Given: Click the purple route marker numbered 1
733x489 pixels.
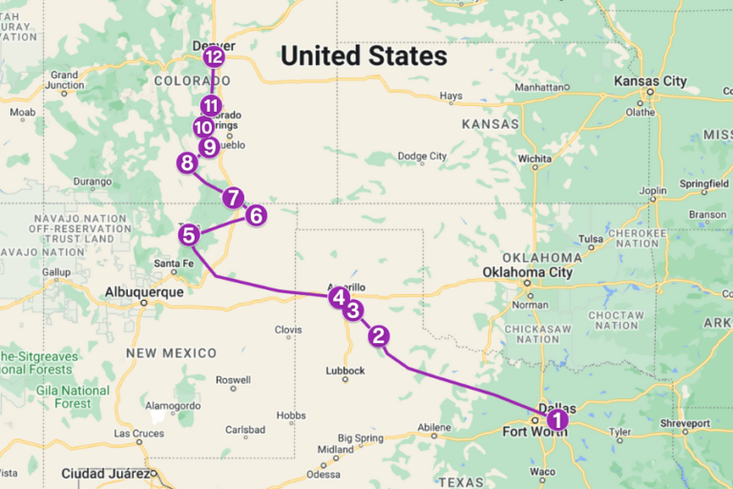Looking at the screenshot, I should pos(556,418).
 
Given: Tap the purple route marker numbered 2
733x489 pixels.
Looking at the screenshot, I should pos(379,335).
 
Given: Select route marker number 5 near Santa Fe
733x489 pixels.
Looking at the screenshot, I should pos(189,234).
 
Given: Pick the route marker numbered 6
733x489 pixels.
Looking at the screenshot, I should pos(256,215).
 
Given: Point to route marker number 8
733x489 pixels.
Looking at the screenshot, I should pos(187,163).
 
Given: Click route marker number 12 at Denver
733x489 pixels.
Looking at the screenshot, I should pos(214,57).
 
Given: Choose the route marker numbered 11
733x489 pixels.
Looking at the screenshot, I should pos(211,106).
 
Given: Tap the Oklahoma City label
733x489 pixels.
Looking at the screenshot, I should pos(527,272).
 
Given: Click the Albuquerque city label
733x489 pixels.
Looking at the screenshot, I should pos(143,292).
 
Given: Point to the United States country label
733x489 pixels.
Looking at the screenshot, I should pos(363,56).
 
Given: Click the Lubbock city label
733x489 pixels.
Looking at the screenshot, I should pos(346,371).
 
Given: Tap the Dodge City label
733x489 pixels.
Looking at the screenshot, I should pos(422,156).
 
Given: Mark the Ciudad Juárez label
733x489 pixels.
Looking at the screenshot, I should pos(105,473).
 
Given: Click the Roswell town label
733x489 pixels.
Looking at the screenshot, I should pos(234,380).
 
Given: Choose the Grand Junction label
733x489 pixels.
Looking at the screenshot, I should pos(64,79).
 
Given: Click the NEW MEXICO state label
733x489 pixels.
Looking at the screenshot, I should pos(171,352).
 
